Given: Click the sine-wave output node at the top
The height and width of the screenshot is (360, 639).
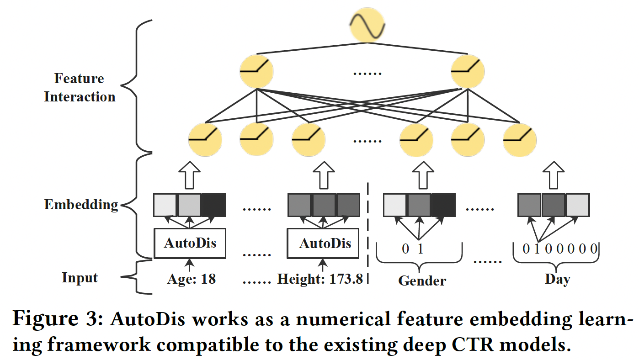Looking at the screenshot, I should (x=367, y=25).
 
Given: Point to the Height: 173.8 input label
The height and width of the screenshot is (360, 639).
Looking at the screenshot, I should (x=320, y=279).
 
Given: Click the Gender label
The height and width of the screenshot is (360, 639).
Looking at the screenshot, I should (x=422, y=280).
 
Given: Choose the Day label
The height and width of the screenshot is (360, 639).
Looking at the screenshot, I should (x=557, y=279).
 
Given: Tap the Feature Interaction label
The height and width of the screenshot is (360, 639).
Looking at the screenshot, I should (x=80, y=88).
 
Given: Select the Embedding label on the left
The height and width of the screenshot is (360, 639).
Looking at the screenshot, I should (x=81, y=204).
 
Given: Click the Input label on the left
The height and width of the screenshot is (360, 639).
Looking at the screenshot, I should (x=80, y=277).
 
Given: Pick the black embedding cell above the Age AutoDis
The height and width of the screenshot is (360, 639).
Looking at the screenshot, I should (x=213, y=205).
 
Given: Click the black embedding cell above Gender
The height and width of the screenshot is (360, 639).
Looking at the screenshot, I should (x=442, y=205).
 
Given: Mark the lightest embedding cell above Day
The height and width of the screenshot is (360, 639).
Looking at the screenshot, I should (x=577, y=205).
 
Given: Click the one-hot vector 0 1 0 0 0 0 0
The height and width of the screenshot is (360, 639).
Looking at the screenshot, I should (x=559, y=249).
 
